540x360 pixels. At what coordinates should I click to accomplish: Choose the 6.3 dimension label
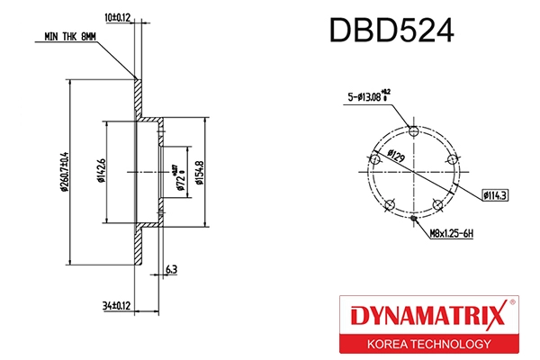coord(171,268)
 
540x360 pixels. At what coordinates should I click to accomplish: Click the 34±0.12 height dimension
coord(117,306)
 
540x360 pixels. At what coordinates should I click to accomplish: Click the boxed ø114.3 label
coord(496,193)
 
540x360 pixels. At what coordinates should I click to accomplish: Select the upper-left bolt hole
coord(373,159)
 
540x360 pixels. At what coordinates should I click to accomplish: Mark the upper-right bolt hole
coord(454,159)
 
